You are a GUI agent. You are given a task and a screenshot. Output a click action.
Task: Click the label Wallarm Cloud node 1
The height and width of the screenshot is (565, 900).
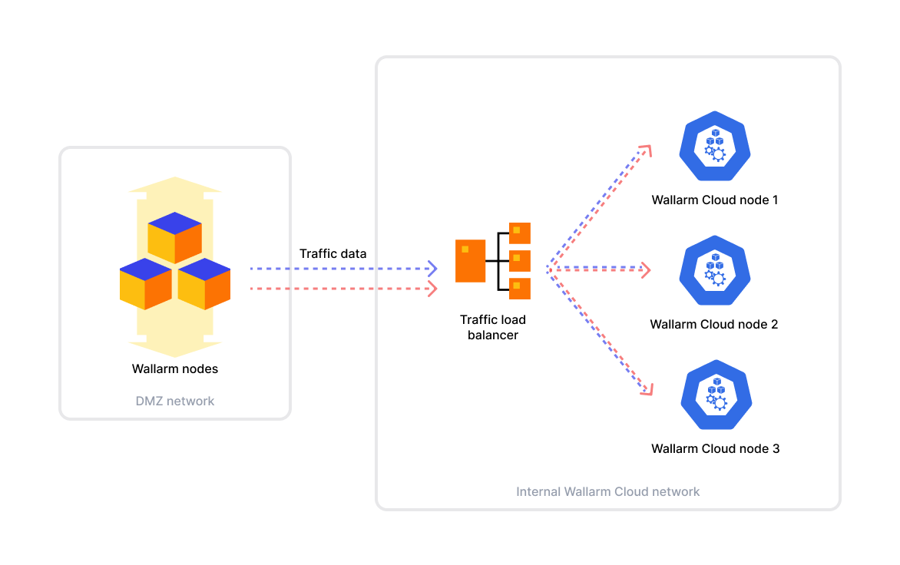click(715, 200)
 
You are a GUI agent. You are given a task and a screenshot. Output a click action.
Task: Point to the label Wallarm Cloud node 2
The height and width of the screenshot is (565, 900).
click(714, 325)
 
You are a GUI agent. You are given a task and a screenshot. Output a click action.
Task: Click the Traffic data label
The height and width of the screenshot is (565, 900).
click(333, 253)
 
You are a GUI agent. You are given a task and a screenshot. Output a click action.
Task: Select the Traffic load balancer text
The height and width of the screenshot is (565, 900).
click(493, 327)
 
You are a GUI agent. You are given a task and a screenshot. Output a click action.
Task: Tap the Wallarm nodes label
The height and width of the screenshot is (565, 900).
click(175, 369)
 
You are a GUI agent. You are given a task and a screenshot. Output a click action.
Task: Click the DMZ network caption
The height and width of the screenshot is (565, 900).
click(175, 401)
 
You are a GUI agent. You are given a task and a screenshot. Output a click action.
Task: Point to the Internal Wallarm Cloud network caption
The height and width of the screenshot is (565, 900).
click(608, 491)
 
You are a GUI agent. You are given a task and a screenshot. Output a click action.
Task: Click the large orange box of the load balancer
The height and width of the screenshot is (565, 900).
click(471, 261)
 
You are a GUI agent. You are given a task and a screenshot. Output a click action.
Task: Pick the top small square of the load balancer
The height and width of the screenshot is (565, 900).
click(520, 233)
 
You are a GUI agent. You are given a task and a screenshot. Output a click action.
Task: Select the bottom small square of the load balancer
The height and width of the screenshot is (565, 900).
click(520, 289)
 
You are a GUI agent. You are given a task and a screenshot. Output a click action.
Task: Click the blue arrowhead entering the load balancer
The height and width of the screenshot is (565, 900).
click(433, 269)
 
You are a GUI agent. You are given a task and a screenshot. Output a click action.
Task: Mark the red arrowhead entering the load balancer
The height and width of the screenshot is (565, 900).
click(433, 289)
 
